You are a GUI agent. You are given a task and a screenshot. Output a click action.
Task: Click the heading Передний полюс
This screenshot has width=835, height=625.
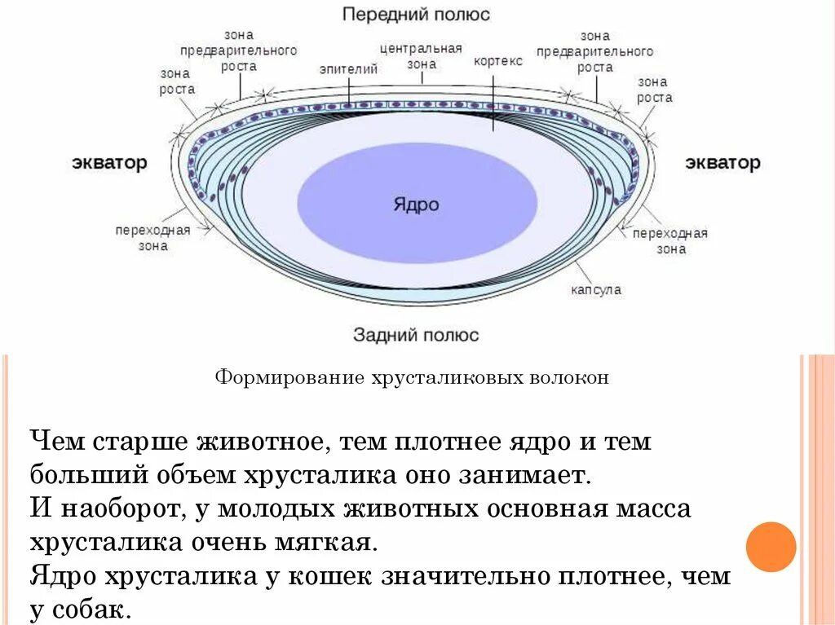(416, 15)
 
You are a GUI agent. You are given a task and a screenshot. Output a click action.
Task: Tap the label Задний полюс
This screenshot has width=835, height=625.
(416, 335)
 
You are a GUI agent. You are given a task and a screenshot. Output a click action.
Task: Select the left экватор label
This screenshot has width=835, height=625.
(109, 162)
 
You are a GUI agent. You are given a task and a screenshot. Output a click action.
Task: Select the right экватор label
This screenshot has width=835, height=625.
(722, 162)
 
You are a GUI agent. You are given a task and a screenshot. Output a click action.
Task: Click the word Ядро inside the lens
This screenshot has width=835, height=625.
(416, 204)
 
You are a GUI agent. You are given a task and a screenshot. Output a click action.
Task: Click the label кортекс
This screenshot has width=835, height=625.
(497, 61)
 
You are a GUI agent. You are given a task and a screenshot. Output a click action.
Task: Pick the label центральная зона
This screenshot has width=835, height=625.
(421, 55)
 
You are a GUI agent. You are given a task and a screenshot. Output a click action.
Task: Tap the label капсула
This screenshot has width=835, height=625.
(595, 289)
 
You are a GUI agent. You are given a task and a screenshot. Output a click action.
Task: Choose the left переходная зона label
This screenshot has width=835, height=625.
(152, 237)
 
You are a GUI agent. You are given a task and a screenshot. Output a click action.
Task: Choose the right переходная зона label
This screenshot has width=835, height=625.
(670, 241)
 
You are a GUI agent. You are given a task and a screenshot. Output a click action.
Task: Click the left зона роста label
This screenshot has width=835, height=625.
(176, 81)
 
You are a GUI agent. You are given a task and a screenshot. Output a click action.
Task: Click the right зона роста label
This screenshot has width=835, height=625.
(654, 90)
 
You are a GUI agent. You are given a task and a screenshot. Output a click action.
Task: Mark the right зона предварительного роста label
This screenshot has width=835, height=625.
(594, 52)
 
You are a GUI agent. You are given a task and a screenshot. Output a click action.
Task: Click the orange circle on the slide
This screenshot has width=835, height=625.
(771, 546)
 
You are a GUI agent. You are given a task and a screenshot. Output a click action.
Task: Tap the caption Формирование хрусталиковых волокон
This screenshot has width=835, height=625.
(412, 378)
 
